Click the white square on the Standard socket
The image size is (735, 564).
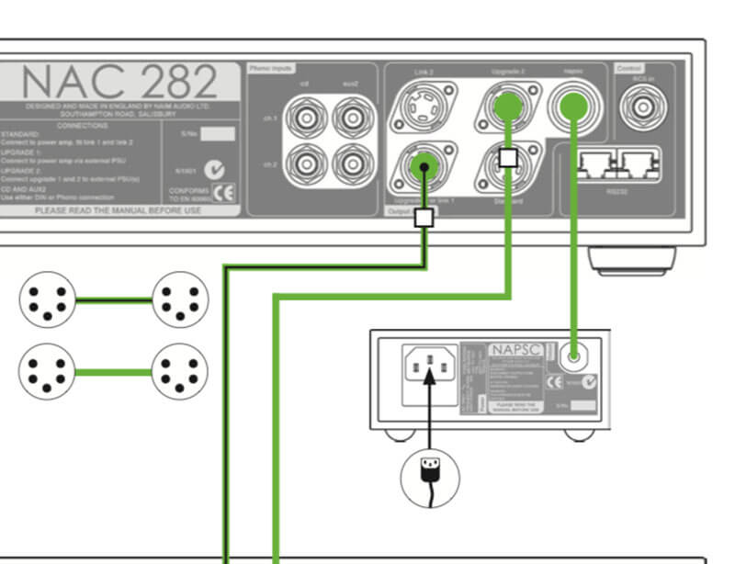pyautogui.click(x=506, y=157)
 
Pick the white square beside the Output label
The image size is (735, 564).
pyautogui.click(x=424, y=218)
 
